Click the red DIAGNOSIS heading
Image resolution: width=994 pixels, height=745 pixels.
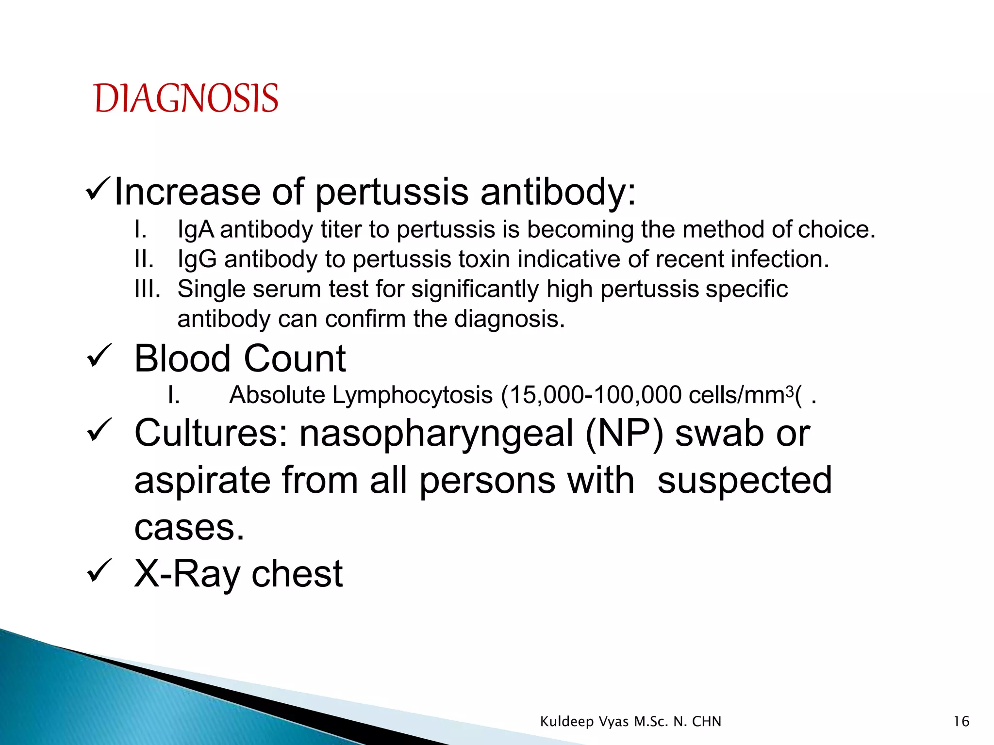click(186, 98)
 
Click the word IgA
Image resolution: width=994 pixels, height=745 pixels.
click(196, 230)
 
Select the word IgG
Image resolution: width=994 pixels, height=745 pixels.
click(197, 259)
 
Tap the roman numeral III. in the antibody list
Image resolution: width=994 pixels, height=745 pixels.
click(148, 289)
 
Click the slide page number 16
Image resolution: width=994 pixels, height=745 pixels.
click(961, 722)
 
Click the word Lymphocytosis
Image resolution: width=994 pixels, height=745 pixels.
click(413, 395)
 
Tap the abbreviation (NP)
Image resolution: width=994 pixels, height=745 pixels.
click(625, 433)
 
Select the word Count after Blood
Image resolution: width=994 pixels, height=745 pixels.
click(295, 359)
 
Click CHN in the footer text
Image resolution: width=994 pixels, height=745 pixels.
click(707, 722)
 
